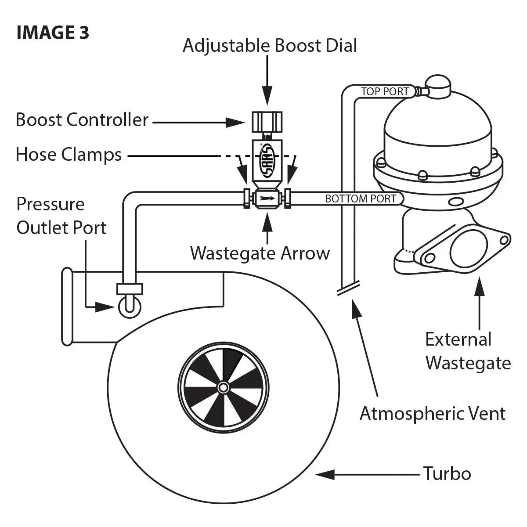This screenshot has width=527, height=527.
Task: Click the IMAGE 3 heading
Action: (53, 33)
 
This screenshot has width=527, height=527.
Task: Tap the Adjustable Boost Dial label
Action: (270, 46)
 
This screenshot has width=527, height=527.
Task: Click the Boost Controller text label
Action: (82, 120)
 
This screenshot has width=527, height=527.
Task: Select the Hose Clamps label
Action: (69, 155)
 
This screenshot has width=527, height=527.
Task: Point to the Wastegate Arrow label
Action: (260, 253)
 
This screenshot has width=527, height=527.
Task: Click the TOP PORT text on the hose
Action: (385, 92)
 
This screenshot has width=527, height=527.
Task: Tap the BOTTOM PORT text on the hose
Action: (361, 199)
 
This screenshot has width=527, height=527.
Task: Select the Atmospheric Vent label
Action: (433, 414)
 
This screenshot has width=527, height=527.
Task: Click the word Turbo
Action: (447, 474)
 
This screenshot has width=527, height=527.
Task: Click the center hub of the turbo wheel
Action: (223, 387)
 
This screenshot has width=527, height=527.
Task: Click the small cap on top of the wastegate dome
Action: (437, 86)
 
